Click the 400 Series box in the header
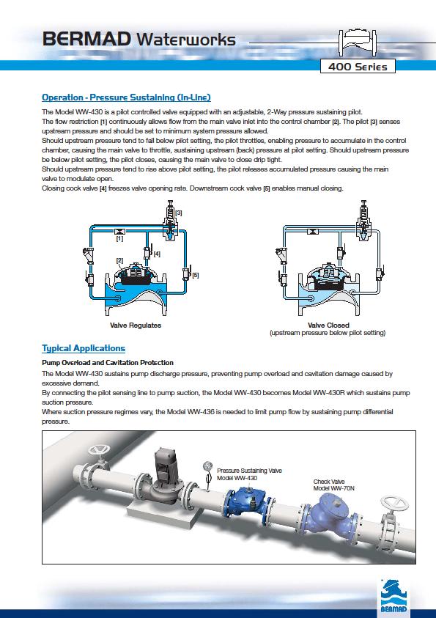[358, 67]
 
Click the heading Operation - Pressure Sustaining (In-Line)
[127, 98]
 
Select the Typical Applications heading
[84, 348]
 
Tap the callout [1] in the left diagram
[119, 238]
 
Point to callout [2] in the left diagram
[119, 260]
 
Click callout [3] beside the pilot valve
[178, 213]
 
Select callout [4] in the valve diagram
[157, 254]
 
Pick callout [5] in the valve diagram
[196, 275]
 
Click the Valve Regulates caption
[136, 325]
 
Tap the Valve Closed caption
[328, 325]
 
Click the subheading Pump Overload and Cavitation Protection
[108, 363]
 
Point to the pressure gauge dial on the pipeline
[207, 466]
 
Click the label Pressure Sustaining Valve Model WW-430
[249, 474]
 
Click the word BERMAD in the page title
[87, 40]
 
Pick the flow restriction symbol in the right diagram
[313, 232]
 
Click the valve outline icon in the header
[358, 43]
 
